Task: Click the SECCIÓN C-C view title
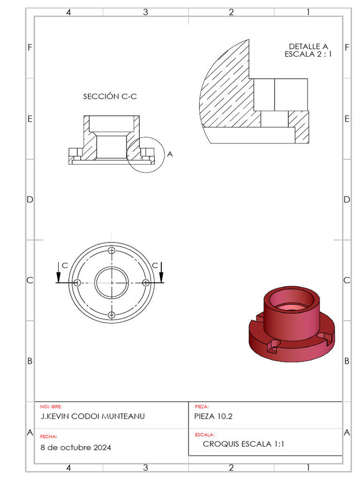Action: tap(110, 97)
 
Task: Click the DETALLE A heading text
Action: tap(308, 46)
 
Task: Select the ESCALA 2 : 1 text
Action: tap(308, 54)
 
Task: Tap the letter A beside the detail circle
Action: tap(170, 154)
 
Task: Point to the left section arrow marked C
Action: tap(58, 273)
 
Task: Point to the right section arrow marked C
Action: tap(161, 273)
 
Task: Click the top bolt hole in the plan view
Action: tap(112, 251)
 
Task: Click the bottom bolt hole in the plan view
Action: tap(112, 315)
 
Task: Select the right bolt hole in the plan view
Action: tap(145, 283)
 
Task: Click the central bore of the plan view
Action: tap(112, 283)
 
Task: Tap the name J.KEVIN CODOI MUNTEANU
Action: tap(92, 416)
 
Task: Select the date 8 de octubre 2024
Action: tap(76, 448)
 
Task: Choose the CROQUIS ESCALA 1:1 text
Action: tap(243, 444)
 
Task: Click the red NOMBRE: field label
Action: tap(51, 407)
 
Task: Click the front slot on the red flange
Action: tap(272, 346)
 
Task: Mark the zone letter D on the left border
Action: tap(30, 200)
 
